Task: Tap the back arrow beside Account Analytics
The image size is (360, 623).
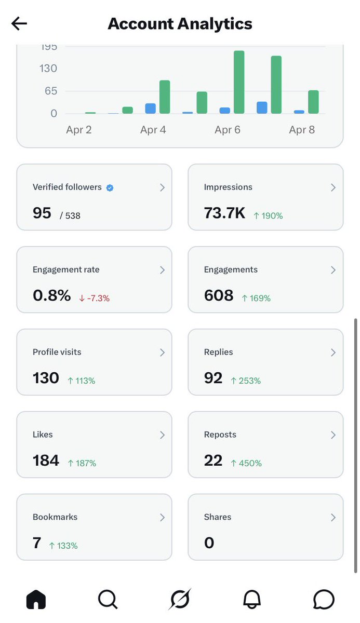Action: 19,24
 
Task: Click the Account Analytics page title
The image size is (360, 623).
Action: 180,24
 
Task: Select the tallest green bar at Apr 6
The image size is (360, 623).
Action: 239,82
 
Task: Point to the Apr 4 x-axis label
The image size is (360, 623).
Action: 153,130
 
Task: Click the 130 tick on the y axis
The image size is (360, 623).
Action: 48,69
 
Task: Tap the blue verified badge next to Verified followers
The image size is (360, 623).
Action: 110,188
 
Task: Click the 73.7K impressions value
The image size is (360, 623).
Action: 224,213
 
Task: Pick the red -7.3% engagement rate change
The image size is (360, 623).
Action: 95,298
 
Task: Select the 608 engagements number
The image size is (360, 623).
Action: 219,295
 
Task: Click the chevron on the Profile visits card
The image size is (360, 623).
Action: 162,353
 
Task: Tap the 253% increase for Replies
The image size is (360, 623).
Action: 246,381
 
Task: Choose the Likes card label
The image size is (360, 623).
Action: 43,435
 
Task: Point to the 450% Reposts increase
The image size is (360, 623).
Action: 246,463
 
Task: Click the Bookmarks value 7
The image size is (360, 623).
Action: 37,543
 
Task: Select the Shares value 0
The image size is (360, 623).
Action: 209,543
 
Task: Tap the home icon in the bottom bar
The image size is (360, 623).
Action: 36,600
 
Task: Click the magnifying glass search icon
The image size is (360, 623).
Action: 108,600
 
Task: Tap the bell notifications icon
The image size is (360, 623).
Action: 252,600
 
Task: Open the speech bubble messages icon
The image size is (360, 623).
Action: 324,600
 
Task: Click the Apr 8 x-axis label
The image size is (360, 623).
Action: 302,130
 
